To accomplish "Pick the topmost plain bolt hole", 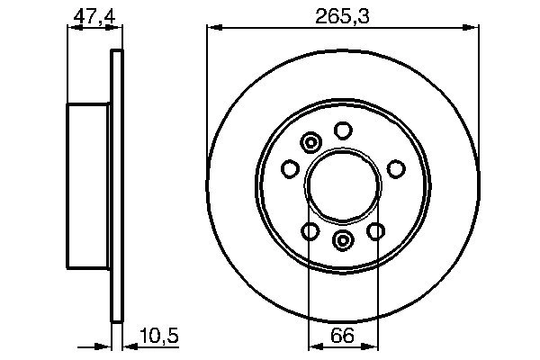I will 342,130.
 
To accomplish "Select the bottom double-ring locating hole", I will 343,240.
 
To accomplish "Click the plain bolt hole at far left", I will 290,167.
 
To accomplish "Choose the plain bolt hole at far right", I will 395,167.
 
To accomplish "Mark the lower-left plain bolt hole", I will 310,232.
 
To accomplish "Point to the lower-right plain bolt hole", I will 375,232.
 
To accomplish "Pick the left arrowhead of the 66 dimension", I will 314,346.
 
